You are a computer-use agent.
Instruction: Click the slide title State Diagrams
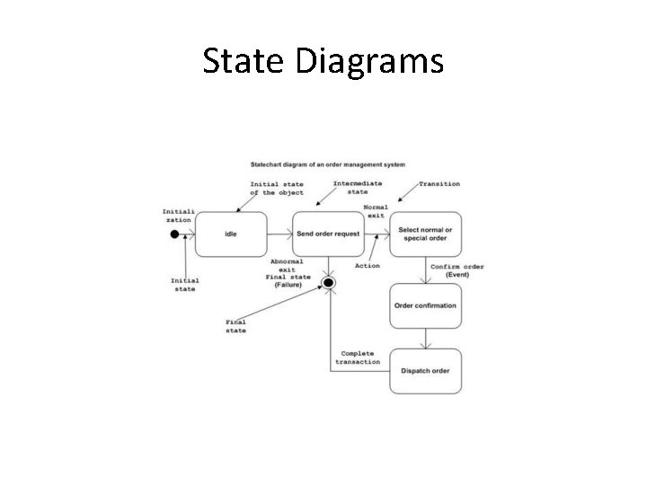coord(323,61)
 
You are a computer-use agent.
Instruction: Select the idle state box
coord(231,234)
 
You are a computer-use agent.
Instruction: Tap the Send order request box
coord(328,234)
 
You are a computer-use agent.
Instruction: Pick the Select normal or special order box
coord(425,234)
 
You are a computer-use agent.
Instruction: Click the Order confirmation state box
coord(425,305)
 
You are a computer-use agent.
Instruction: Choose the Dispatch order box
coord(425,370)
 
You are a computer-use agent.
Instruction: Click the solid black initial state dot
coord(174,234)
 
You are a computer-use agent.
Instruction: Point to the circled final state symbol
coord(329,284)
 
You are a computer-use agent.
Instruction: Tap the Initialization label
coord(176,216)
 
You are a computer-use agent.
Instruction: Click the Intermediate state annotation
coord(358,188)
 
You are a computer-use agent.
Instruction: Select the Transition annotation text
coord(439,184)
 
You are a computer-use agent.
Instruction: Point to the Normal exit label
coord(376,212)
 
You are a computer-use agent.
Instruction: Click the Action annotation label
coord(368,266)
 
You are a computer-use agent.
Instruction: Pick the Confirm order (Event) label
coord(457,271)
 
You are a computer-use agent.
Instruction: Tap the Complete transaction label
coord(358,357)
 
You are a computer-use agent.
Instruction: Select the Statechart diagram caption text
coord(327,164)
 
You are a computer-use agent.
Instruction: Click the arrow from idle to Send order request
coord(280,234)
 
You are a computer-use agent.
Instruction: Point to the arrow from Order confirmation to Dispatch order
coord(425,338)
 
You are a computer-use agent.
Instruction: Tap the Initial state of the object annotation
coord(277,189)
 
